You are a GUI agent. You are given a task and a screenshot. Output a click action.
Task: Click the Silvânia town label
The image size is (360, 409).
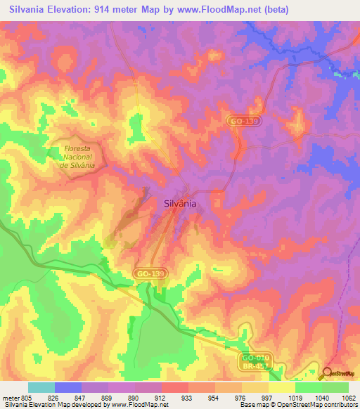[179, 202]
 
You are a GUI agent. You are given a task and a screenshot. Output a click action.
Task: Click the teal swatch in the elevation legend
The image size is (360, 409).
[41, 387]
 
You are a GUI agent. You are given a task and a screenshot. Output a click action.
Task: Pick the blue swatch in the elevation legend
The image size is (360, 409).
[68, 387]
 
